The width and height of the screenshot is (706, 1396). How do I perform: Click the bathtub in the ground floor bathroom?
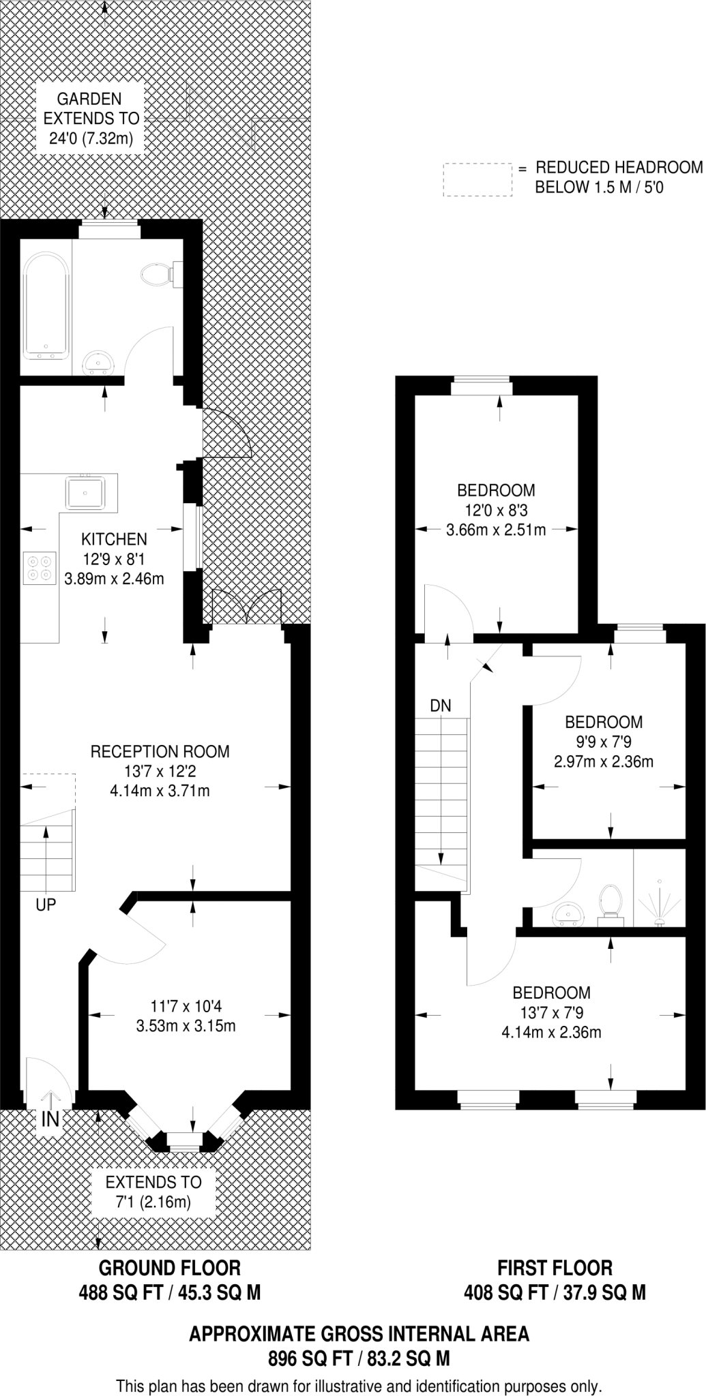(x=46, y=306)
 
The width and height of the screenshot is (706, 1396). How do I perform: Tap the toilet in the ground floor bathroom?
(x=158, y=274)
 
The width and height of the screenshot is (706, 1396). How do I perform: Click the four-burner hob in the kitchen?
(x=38, y=568)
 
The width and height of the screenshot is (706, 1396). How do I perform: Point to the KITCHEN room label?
(x=114, y=539)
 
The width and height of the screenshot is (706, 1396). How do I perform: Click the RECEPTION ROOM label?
(x=160, y=751)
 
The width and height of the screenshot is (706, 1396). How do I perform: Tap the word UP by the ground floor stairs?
(x=46, y=905)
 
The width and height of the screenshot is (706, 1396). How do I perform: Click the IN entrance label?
(x=50, y=1119)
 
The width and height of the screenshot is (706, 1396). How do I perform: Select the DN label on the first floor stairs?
(x=441, y=705)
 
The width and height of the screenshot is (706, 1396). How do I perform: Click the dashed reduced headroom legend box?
(x=477, y=180)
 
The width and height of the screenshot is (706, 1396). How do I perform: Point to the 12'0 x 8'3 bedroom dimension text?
(x=496, y=510)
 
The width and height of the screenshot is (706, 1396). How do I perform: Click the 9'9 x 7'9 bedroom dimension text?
(x=604, y=742)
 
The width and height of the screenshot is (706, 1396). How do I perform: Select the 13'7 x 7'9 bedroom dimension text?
(x=551, y=1013)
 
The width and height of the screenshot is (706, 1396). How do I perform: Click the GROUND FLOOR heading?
(x=170, y=1268)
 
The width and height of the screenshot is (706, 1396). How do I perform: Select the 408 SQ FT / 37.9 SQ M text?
(x=555, y=1292)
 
